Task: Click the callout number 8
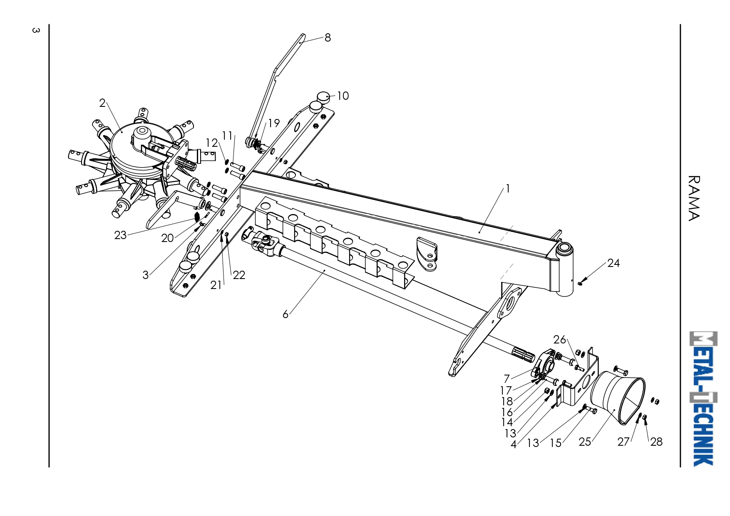point(328,38)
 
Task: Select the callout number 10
point(343,96)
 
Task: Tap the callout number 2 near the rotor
point(102,103)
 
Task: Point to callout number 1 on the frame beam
point(508,189)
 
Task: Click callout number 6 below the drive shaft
point(286,314)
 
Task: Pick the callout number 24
point(613,263)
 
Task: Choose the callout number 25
point(585,442)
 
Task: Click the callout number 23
point(120,235)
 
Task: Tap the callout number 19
point(273,123)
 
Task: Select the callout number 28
point(656,442)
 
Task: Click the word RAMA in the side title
point(694,198)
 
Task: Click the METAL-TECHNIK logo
point(703,399)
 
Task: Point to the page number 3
point(36,30)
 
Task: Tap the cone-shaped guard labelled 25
point(618,398)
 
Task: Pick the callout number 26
point(560,340)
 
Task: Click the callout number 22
point(239,275)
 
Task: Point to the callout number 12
point(211,143)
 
